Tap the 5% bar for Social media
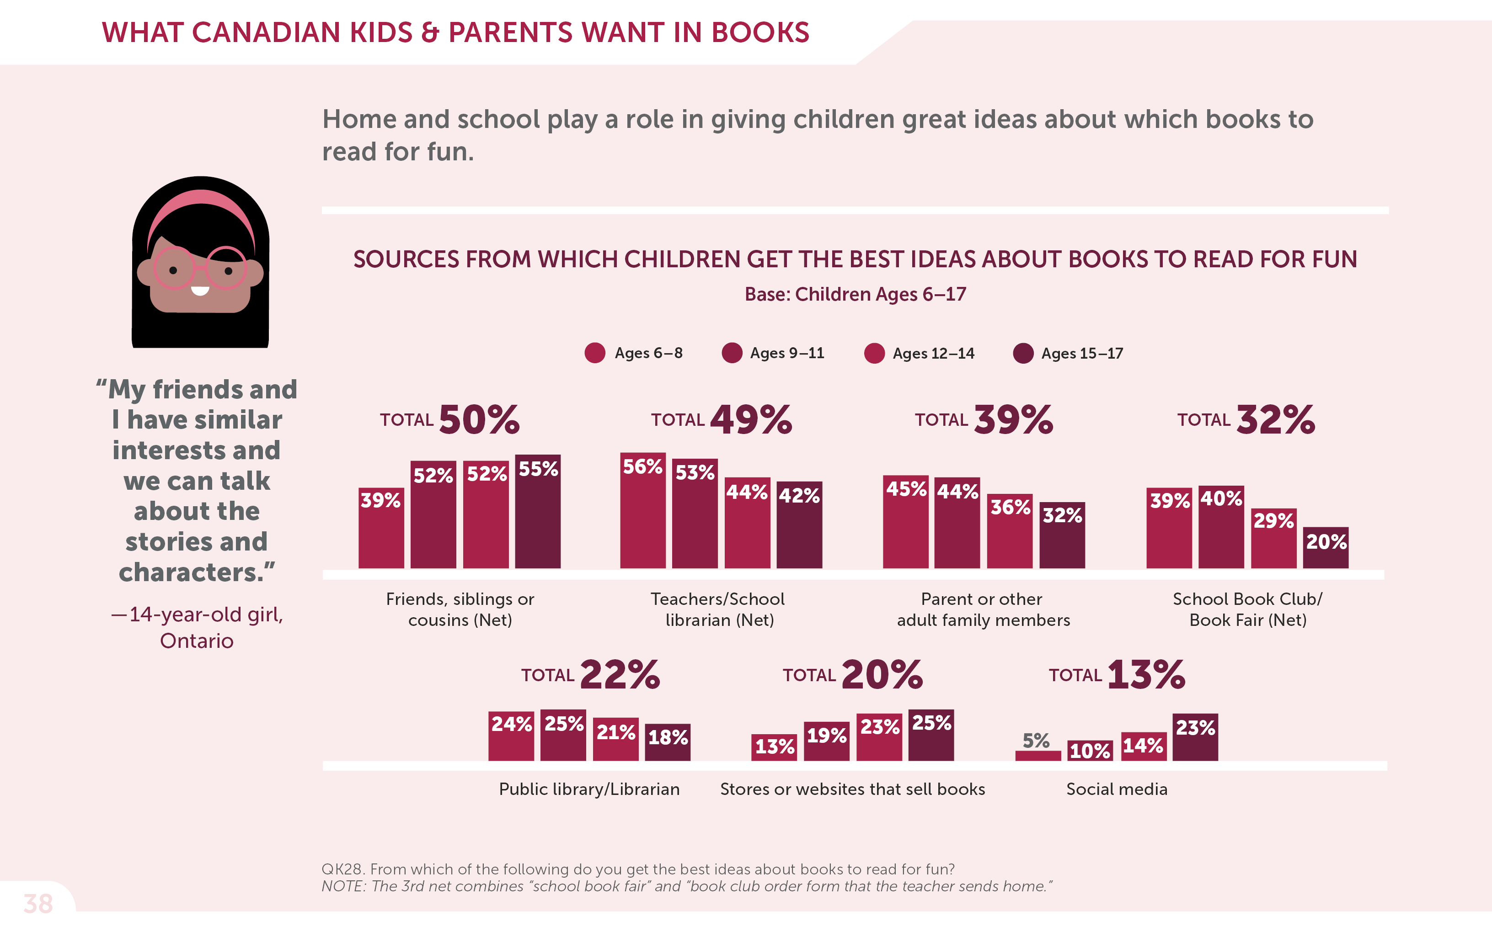[x=1038, y=755]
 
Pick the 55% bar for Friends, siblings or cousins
[x=538, y=512]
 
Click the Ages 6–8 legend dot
[x=594, y=353]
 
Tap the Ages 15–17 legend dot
[x=1023, y=353]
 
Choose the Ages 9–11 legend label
[x=786, y=353]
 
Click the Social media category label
[x=1117, y=789]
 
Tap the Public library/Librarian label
[x=589, y=789]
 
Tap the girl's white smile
[x=200, y=290]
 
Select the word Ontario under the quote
[x=197, y=641]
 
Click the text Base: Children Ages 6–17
[x=855, y=294]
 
